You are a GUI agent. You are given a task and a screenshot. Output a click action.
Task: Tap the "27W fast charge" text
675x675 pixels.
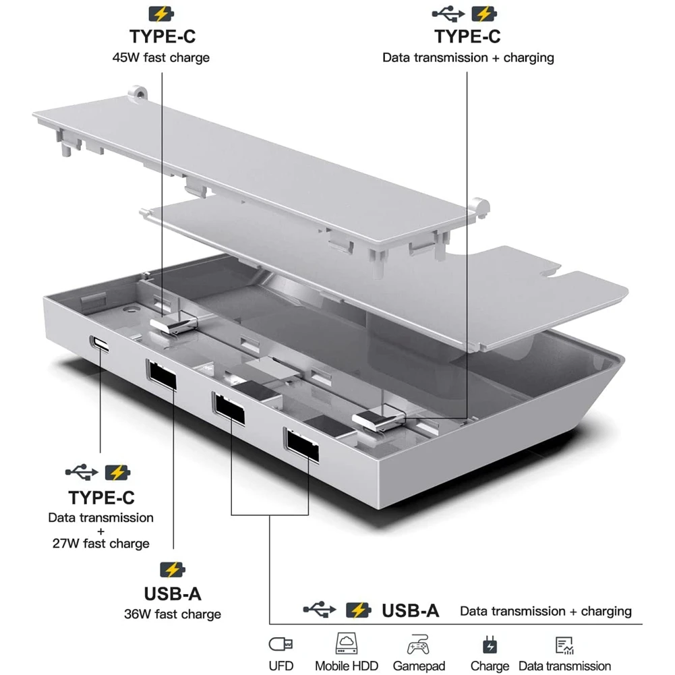click(100, 544)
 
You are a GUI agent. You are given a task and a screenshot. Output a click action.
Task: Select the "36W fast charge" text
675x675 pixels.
click(173, 614)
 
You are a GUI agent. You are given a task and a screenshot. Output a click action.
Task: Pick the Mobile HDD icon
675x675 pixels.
click(346, 644)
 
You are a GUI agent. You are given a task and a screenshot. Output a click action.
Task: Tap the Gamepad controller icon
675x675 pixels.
click(418, 645)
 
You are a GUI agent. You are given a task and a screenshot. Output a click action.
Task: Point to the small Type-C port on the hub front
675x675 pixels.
click(101, 344)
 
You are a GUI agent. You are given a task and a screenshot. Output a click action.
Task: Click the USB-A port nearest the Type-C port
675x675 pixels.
click(160, 376)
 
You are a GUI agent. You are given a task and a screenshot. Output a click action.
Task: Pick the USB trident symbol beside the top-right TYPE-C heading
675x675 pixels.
click(445, 13)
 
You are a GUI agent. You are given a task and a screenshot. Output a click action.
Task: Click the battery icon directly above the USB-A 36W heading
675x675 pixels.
click(172, 570)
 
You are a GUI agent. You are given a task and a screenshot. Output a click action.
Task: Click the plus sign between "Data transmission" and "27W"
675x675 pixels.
click(100, 531)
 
